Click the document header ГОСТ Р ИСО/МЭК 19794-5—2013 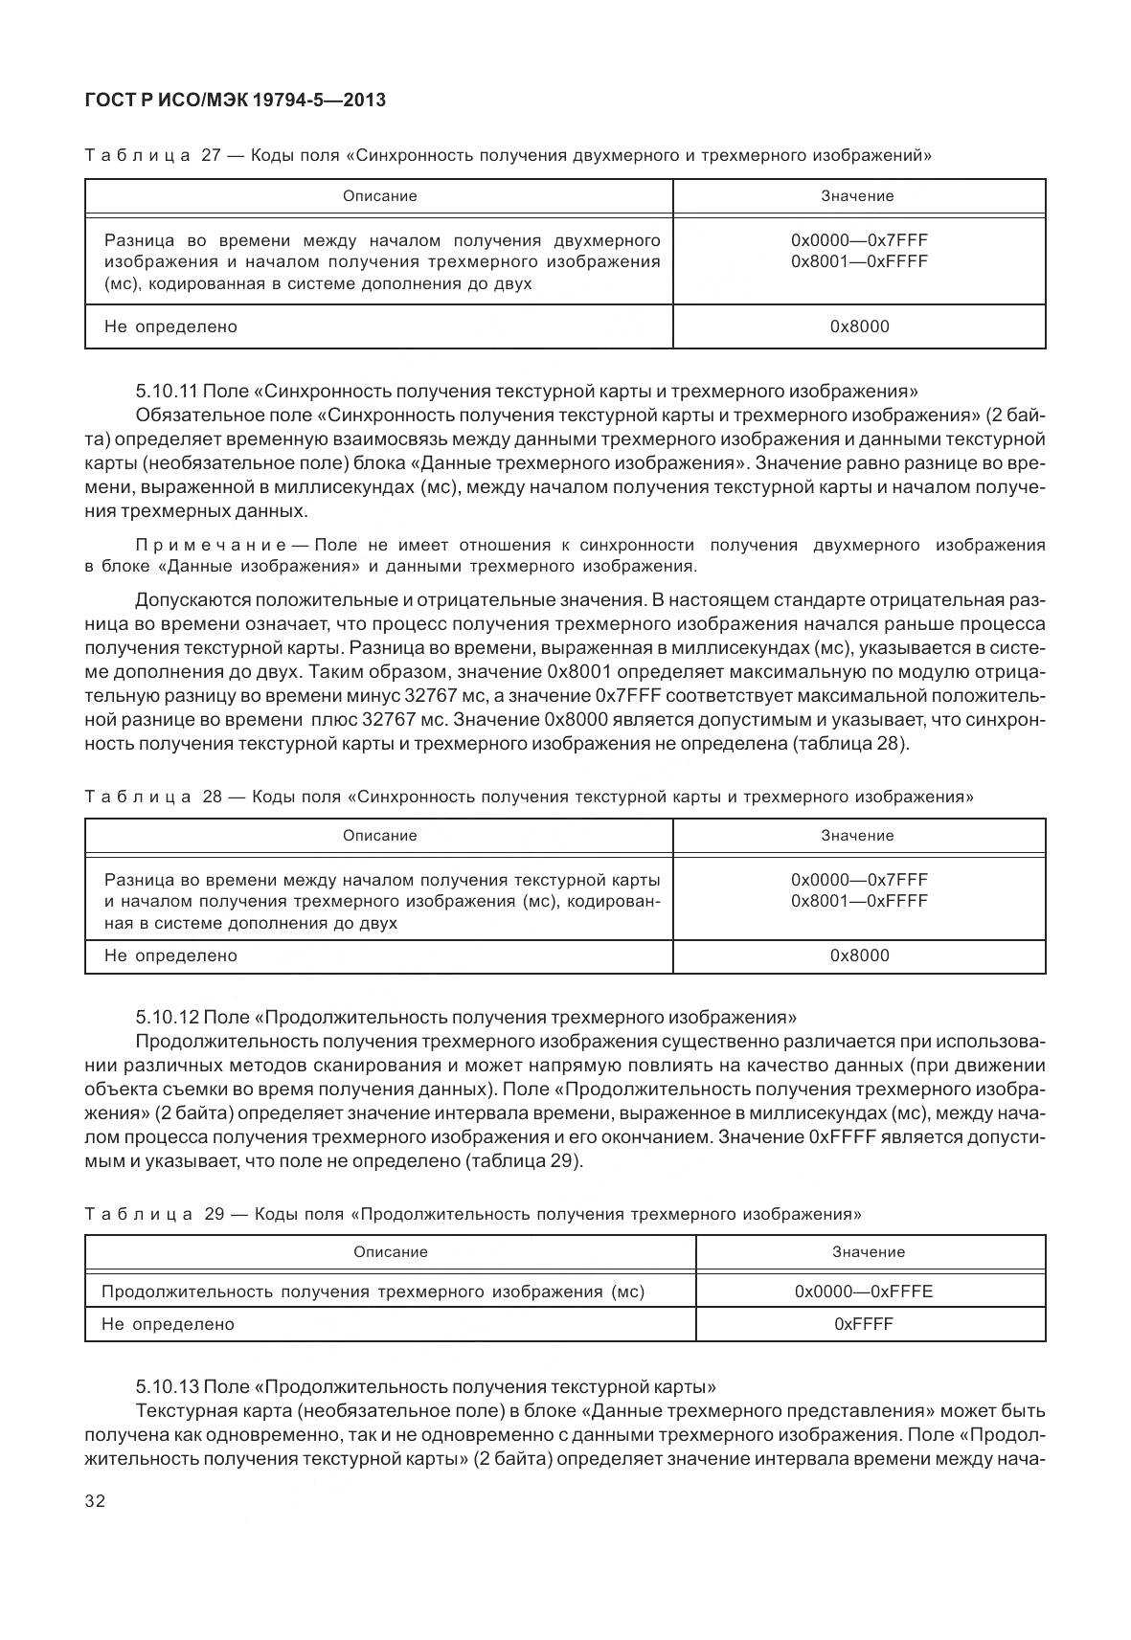(235, 100)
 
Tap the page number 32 (95, 1500)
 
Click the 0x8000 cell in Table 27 (859, 326)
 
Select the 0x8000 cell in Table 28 (859, 955)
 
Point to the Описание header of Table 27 (379, 196)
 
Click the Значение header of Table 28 (857, 836)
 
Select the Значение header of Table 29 (869, 1251)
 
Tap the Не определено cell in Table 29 (168, 1324)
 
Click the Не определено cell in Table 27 (170, 326)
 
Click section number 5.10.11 (167, 392)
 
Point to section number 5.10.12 (167, 1018)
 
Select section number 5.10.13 (167, 1387)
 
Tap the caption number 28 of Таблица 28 (213, 797)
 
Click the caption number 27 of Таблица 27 (213, 155)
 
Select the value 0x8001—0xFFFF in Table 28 (859, 901)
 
